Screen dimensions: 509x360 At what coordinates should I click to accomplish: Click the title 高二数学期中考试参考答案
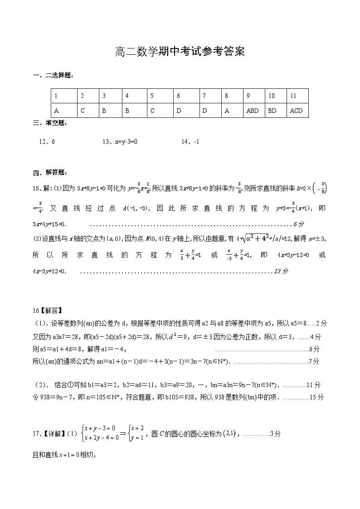(x=180, y=52)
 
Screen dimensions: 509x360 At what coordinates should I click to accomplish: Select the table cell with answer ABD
(x=252, y=110)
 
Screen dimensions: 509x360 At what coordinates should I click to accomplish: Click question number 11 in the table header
(x=293, y=96)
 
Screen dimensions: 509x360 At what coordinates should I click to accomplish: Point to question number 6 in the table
(x=179, y=96)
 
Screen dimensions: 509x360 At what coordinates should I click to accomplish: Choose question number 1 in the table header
(x=56, y=96)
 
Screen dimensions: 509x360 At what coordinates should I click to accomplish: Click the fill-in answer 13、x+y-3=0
(x=120, y=142)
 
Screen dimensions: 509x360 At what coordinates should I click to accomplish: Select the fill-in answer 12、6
(x=47, y=142)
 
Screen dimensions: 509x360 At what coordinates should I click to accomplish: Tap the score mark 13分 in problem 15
(x=281, y=271)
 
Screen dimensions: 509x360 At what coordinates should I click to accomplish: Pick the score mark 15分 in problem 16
(x=316, y=397)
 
